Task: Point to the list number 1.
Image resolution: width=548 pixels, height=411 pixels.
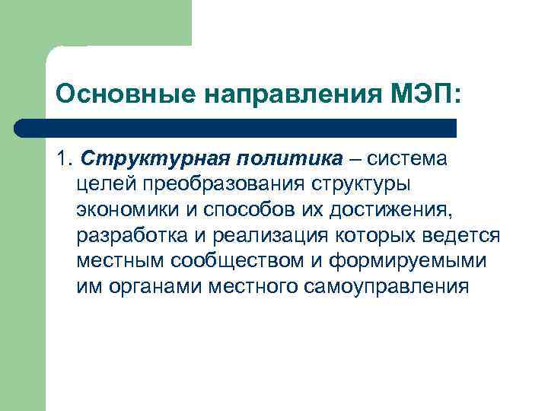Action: tap(62, 159)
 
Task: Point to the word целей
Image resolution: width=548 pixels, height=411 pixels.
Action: tap(103, 185)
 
